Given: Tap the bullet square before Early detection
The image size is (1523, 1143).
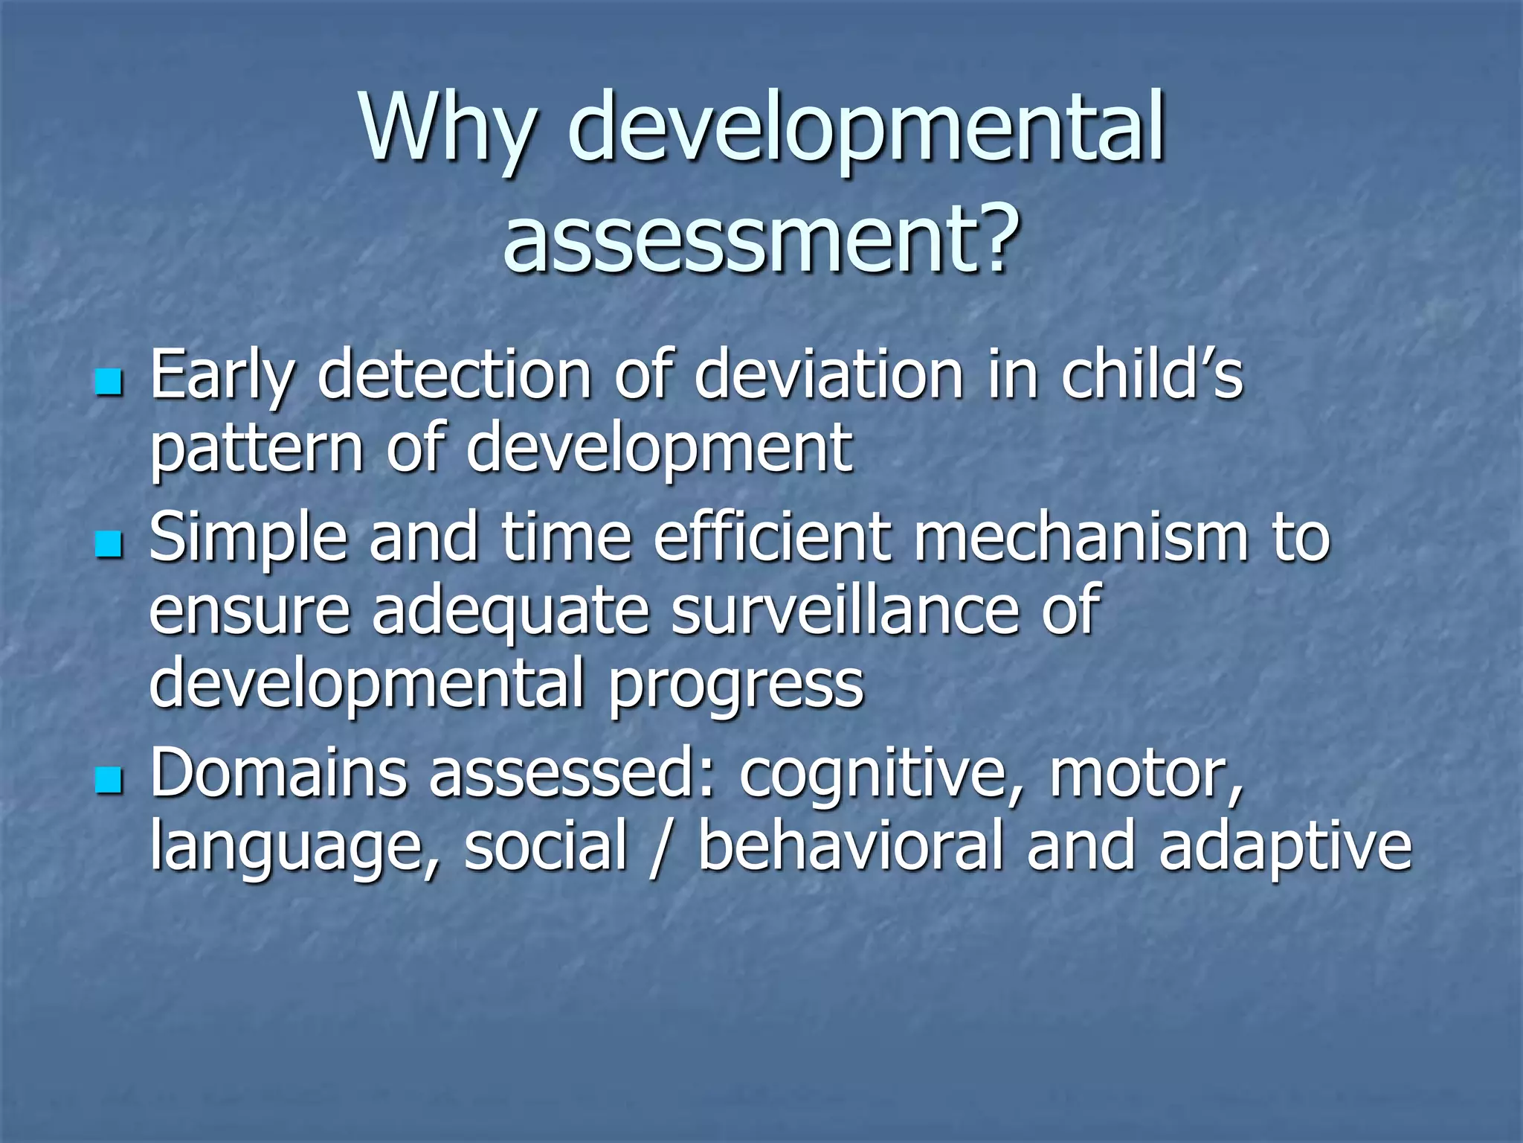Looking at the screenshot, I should coord(109,382).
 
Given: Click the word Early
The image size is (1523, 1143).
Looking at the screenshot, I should coord(221,376).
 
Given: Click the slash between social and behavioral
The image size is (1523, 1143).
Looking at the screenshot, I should coord(656,846).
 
